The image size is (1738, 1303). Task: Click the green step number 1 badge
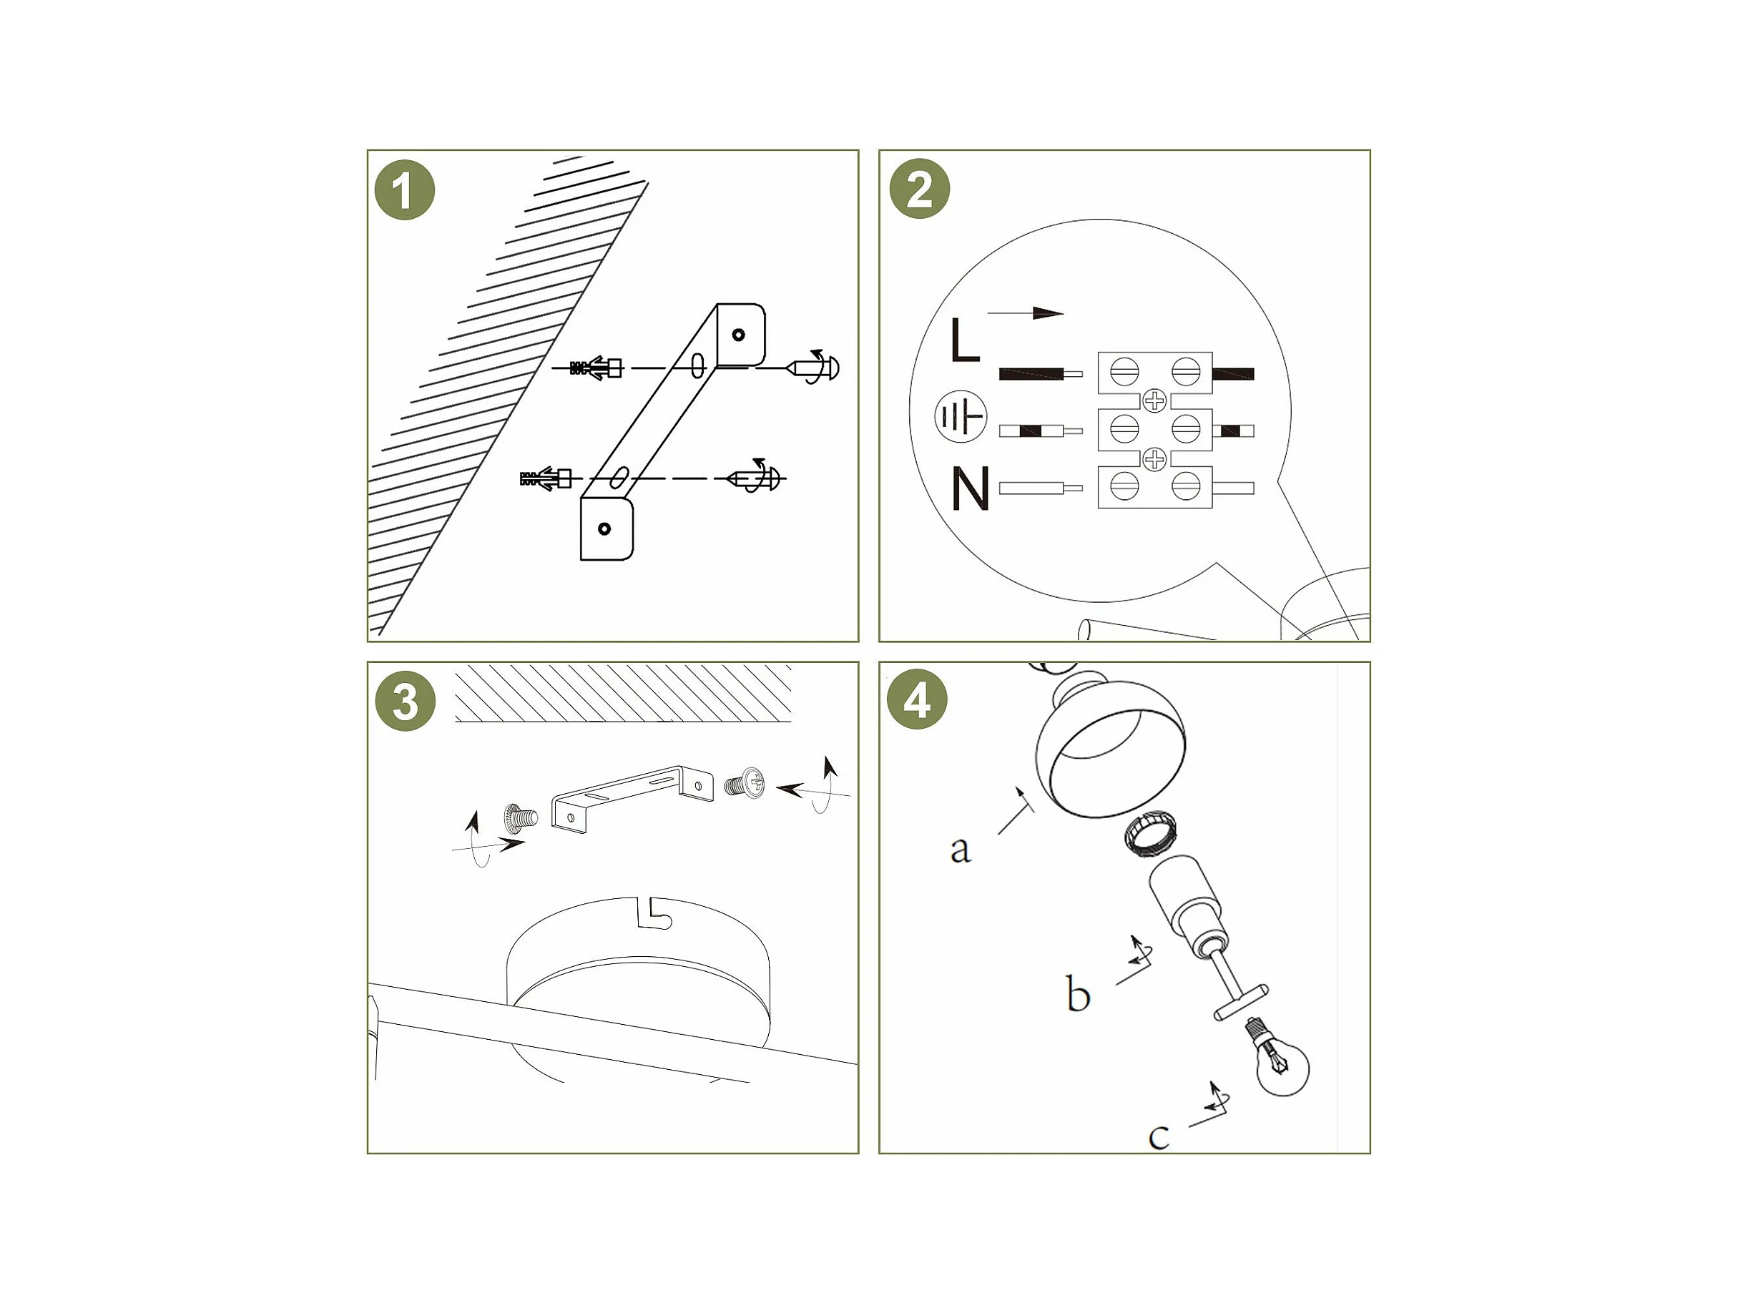[x=405, y=190]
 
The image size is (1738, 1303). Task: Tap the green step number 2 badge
[x=919, y=190]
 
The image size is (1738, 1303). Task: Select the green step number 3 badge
[x=405, y=702]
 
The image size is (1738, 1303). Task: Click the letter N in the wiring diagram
[x=970, y=488]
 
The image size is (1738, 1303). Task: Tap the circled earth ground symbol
[x=960, y=416]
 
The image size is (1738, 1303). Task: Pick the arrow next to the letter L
[x=1026, y=313]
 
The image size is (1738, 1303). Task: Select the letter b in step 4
[x=1078, y=993]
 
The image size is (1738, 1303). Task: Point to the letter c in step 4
[x=1159, y=1136]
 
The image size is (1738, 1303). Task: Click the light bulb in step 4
[x=1278, y=1058]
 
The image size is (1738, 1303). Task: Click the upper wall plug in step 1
[x=596, y=368]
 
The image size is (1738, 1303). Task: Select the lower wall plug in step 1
[x=545, y=478]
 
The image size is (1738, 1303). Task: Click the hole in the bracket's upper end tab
[x=738, y=335]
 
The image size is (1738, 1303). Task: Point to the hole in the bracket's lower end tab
[x=604, y=528]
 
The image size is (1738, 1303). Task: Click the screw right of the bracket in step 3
[x=745, y=784]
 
